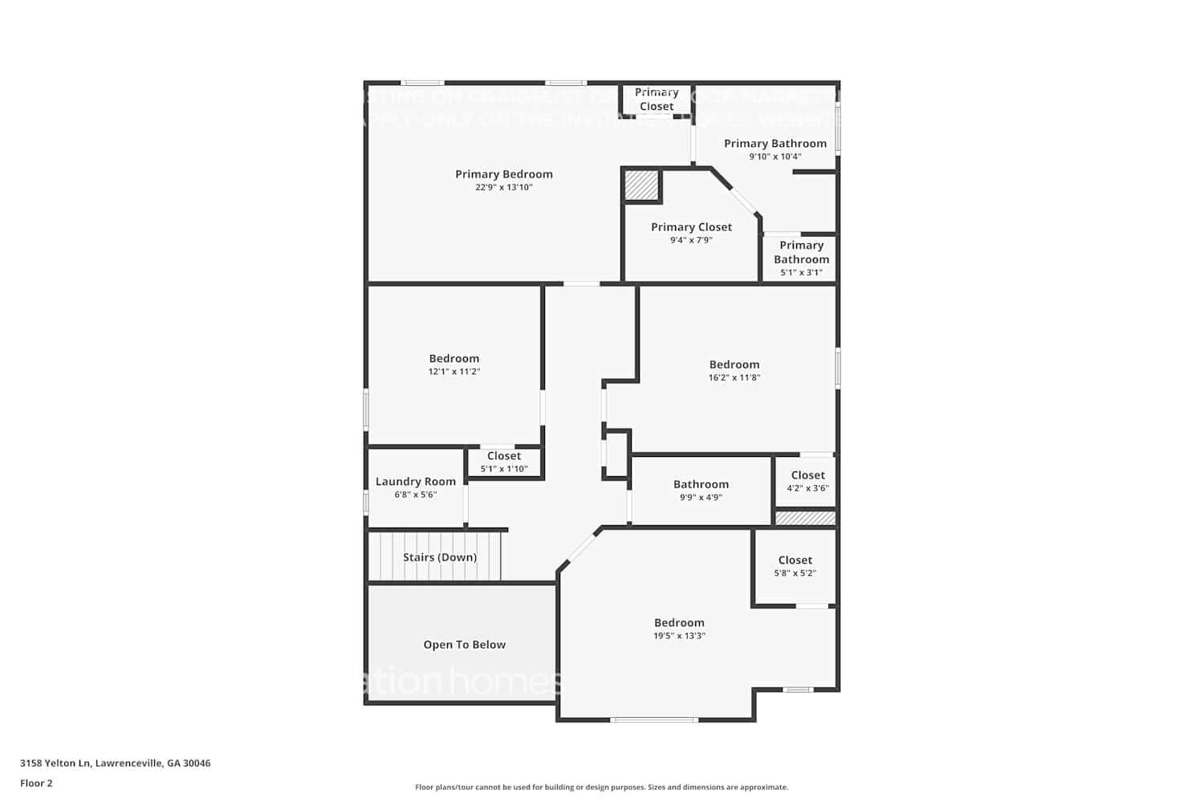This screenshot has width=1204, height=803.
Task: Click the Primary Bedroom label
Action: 504,174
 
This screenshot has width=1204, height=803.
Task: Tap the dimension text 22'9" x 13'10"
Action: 504,188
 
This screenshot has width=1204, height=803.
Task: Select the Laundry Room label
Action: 416,482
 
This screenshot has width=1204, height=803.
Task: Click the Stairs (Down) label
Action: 440,557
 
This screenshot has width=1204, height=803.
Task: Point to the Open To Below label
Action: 465,645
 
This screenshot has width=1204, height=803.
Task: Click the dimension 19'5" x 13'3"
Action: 679,636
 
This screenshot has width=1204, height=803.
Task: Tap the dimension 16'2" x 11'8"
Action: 734,377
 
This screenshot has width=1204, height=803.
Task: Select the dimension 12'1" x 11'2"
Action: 454,372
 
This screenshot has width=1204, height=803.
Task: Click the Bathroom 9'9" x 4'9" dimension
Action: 701,497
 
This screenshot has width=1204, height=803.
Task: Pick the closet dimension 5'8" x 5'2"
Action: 795,573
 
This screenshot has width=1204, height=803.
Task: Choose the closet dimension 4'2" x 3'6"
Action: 807,488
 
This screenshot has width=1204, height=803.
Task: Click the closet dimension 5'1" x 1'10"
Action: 504,469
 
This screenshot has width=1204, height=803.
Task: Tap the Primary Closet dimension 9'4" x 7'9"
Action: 691,240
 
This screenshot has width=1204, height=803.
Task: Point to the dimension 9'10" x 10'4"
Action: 775,157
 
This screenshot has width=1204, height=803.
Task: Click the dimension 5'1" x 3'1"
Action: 801,272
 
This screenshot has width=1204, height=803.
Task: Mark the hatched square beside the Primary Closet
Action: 641,185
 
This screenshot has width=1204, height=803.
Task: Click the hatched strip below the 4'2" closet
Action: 805,519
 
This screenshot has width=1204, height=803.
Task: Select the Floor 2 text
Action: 36,783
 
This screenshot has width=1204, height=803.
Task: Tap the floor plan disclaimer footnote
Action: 601,788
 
